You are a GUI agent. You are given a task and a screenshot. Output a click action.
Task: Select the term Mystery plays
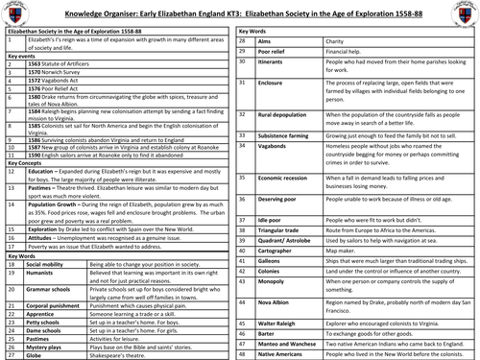(x=38, y=344)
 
